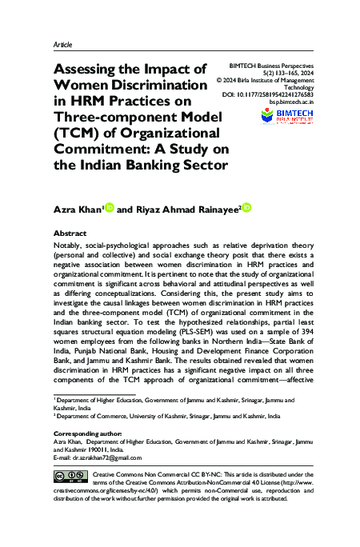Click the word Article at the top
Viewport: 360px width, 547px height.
pos(63,46)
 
